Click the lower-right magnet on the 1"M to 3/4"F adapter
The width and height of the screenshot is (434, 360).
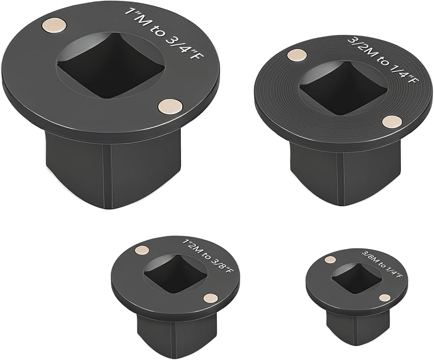(x=171, y=106)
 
